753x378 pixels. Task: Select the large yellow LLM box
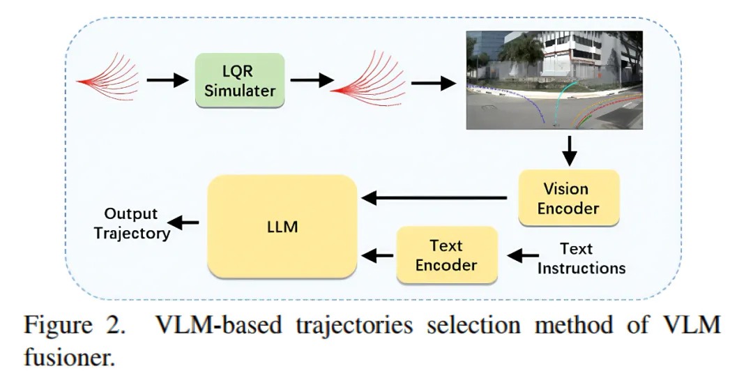click(282, 227)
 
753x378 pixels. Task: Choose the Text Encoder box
click(446, 255)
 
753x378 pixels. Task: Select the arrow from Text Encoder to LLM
click(379, 255)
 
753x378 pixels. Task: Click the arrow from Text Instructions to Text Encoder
click(523, 257)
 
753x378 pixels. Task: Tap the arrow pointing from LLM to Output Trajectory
click(185, 223)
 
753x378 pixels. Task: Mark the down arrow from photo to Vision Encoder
click(569, 151)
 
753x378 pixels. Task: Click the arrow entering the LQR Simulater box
click(167, 82)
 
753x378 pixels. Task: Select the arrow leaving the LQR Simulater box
click(311, 82)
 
